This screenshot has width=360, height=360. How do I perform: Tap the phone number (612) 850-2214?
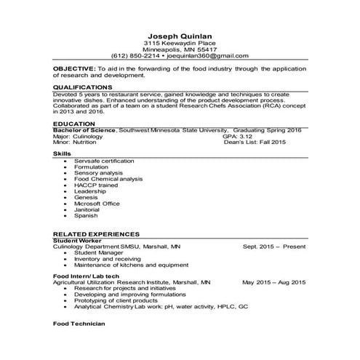coord(136,55)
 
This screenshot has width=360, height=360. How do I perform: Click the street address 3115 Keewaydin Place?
coord(179,43)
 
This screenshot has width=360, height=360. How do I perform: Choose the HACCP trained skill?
coord(93,185)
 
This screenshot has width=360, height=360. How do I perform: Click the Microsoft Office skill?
coord(97,204)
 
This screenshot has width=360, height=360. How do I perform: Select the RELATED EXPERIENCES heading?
coord(96,234)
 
